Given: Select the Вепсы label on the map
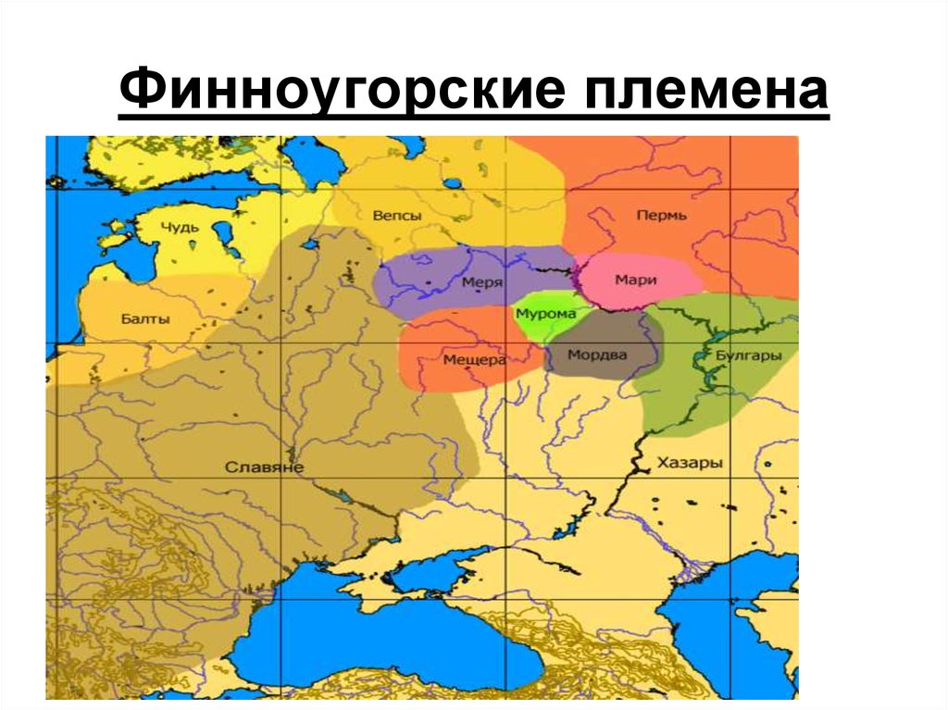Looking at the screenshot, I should click(396, 216).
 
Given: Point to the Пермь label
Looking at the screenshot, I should click(661, 216).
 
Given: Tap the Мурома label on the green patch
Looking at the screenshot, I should click(546, 314).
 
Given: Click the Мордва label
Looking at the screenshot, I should click(596, 355).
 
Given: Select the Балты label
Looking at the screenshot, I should click(145, 319).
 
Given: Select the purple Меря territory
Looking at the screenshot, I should click(435, 278).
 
